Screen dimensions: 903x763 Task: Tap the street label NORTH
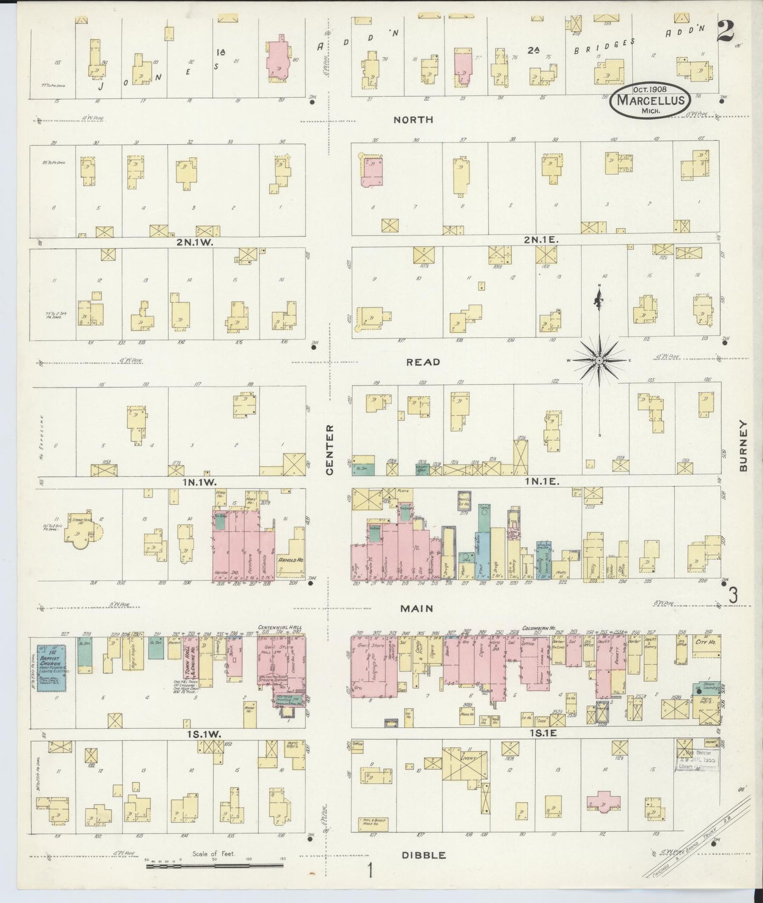tap(413, 120)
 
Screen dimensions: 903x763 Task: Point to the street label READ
tap(423, 362)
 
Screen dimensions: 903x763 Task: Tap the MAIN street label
tap(417, 608)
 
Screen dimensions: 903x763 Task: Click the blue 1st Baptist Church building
tap(51, 667)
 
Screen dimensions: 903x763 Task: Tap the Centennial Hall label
tap(279, 627)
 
